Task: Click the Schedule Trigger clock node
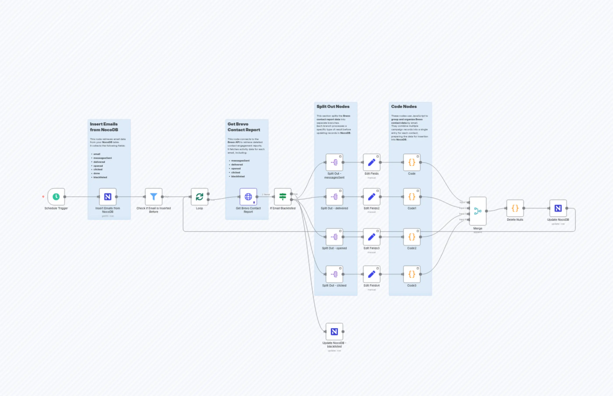(x=56, y=197)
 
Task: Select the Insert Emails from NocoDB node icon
(x=108, y=197)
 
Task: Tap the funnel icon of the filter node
(x=154, y=197)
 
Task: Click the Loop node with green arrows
(x=199, y=197)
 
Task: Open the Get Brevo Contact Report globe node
(x=248, y=197)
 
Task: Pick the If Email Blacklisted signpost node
(x=283, y=197)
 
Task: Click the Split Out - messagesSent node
(x=334, y=162)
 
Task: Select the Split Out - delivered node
(x=334, y=197)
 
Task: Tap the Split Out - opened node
(x=334, y=237)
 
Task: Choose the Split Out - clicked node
(x=334, y=274)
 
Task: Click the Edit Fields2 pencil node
(x=372, y=197)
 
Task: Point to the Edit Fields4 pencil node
(x=372, y=274)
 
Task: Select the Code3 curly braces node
(x=412, y=274)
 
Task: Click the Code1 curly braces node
(x=412, y=197)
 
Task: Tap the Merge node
(x=478, y=211)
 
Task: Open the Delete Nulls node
(x=515, y=208)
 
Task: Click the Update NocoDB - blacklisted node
(x=334, y=331)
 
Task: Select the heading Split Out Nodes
(x=333, y=106)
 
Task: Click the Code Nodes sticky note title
(x=404, y=106)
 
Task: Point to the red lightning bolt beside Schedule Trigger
(x=43, y=197)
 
